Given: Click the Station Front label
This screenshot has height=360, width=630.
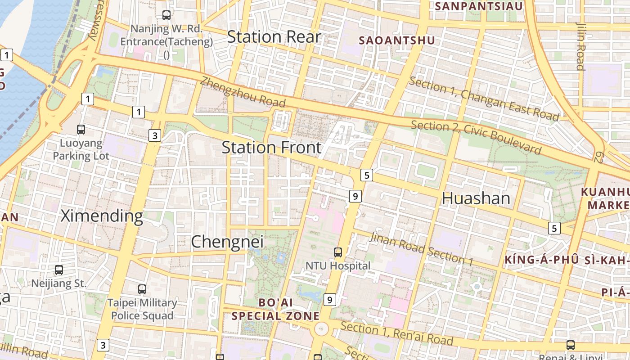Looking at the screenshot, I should coord(272,148).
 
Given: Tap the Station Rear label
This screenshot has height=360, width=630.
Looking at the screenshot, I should coord(274,37).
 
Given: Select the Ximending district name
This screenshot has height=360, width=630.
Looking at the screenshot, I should coord(102,216).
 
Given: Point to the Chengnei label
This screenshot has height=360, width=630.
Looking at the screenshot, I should coord(227,242).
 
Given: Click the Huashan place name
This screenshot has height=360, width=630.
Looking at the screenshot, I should coord(476,198).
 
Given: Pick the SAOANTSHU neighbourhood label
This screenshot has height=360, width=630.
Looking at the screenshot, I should coord(397,40).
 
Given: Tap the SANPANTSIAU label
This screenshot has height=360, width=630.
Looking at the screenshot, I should coord(479,6).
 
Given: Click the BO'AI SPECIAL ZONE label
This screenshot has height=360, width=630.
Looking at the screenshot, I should coord(275,309).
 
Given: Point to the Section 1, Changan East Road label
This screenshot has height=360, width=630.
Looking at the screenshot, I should coord(484,99).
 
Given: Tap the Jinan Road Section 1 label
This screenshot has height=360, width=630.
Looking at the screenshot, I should coord(421,248).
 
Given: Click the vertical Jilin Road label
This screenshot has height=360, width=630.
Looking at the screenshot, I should coord(580,46).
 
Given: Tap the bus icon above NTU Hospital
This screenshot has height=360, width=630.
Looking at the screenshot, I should coord(338,252).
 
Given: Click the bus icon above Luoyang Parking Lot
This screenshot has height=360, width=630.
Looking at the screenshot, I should coord(81,130).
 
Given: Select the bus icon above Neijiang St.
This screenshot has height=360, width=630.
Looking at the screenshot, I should coord(59,270).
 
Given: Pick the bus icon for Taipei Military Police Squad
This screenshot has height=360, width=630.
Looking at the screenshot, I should coord(142,289).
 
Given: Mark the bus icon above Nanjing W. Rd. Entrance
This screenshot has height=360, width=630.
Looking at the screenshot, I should coord(166,15).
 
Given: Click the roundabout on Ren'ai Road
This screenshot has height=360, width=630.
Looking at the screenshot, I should coord(321,329).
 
